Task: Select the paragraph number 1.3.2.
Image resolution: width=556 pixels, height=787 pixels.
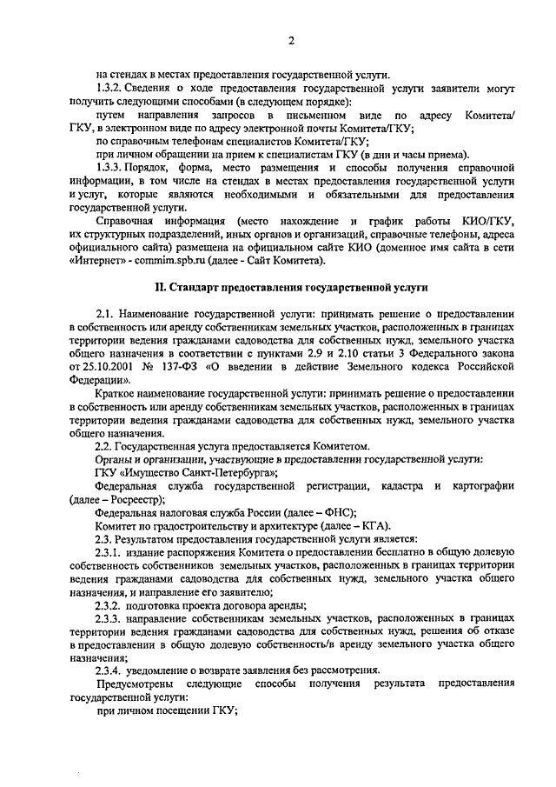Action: coord(113,89)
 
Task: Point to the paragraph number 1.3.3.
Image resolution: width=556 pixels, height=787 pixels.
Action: coord(113,167)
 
